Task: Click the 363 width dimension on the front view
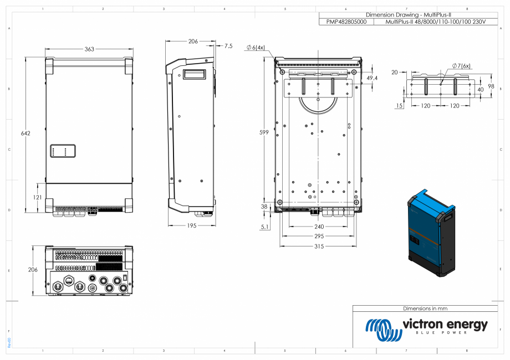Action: (x=89, y=49)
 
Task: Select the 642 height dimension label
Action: (x=25, y=133)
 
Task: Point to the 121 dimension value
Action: (x=37, y=198)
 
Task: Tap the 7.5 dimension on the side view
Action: (x=228, y=46)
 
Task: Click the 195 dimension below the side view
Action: (x=192, y=225)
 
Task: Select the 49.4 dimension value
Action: (x=372, y=79)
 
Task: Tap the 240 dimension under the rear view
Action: (x=319, y=227)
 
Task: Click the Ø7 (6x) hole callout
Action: (x=461, y=66)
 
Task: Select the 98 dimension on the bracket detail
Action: (x=491, y=86)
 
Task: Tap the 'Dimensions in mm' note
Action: (x=425, y=308)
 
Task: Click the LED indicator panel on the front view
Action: (x=63, y=151)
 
